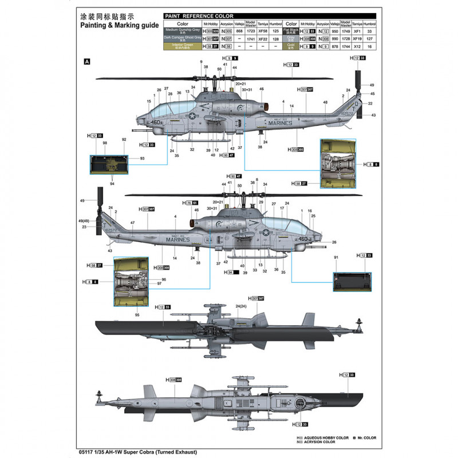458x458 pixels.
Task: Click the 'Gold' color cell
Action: pyautogui.click(x=292, y=45)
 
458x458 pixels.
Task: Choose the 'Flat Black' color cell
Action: pyautogui.click(x=292, y=30)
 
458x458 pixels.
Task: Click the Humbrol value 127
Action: pyautogui.click(x=370, y=37)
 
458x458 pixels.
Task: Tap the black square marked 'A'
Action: pyautogui.click(x=87, y=61)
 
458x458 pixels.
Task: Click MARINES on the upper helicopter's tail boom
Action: pyautogui.click(x=278, y=123)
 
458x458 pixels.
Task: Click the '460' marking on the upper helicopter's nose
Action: pyautogui.click(x=156, y=122)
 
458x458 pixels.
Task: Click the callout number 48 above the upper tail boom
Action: pyautogui.click(x=325, y=102)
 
